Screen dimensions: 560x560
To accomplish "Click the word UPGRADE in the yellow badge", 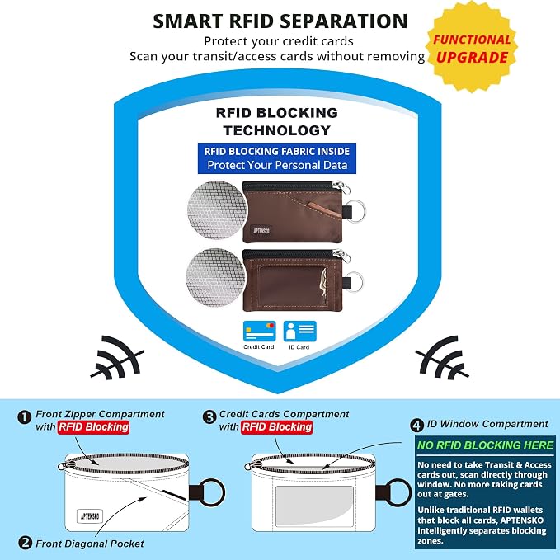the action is coord(472,57).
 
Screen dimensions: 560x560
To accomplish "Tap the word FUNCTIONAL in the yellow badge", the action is coord(472,40).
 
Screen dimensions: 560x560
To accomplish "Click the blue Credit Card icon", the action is coord(259,331).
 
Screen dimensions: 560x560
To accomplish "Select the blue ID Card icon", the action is coord(299,331).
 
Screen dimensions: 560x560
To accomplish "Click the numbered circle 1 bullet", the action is coord(24,417).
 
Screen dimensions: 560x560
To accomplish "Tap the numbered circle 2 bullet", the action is coord(25,544).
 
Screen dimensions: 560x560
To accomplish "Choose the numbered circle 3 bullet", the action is coord(209,417).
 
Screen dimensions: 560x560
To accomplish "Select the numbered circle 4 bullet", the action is coord(416,425).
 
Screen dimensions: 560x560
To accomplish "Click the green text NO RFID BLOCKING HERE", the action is coord(485,445).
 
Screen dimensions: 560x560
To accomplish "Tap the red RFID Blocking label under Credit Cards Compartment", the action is coord(277,426).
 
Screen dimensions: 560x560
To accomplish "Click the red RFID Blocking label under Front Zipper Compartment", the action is coord(93,426).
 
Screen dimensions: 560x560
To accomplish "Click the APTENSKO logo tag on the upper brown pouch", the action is coord(261,231).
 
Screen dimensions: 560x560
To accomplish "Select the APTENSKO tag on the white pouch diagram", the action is coord(90,516).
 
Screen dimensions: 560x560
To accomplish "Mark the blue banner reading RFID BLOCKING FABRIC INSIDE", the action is coord(277,158).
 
